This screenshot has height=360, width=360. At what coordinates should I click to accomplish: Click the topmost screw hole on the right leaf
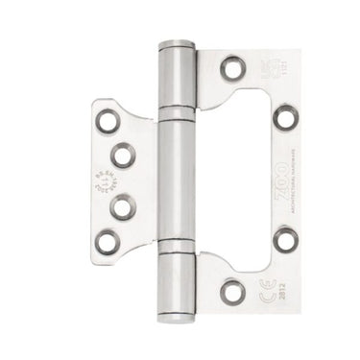pyautogui.click(x=229, y=68)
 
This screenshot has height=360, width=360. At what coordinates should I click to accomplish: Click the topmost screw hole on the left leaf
pyautogui.click(x=105, y=122)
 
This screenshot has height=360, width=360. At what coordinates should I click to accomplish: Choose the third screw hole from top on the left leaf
pyautogui.click(x=121, y=203)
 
